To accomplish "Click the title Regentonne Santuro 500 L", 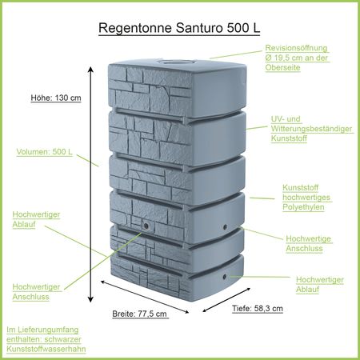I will tap(178, 28).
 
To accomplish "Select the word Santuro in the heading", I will tap(194, 28).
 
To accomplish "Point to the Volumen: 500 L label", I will tap(44, 150).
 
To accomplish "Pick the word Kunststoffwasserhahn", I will tap(46, 350).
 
